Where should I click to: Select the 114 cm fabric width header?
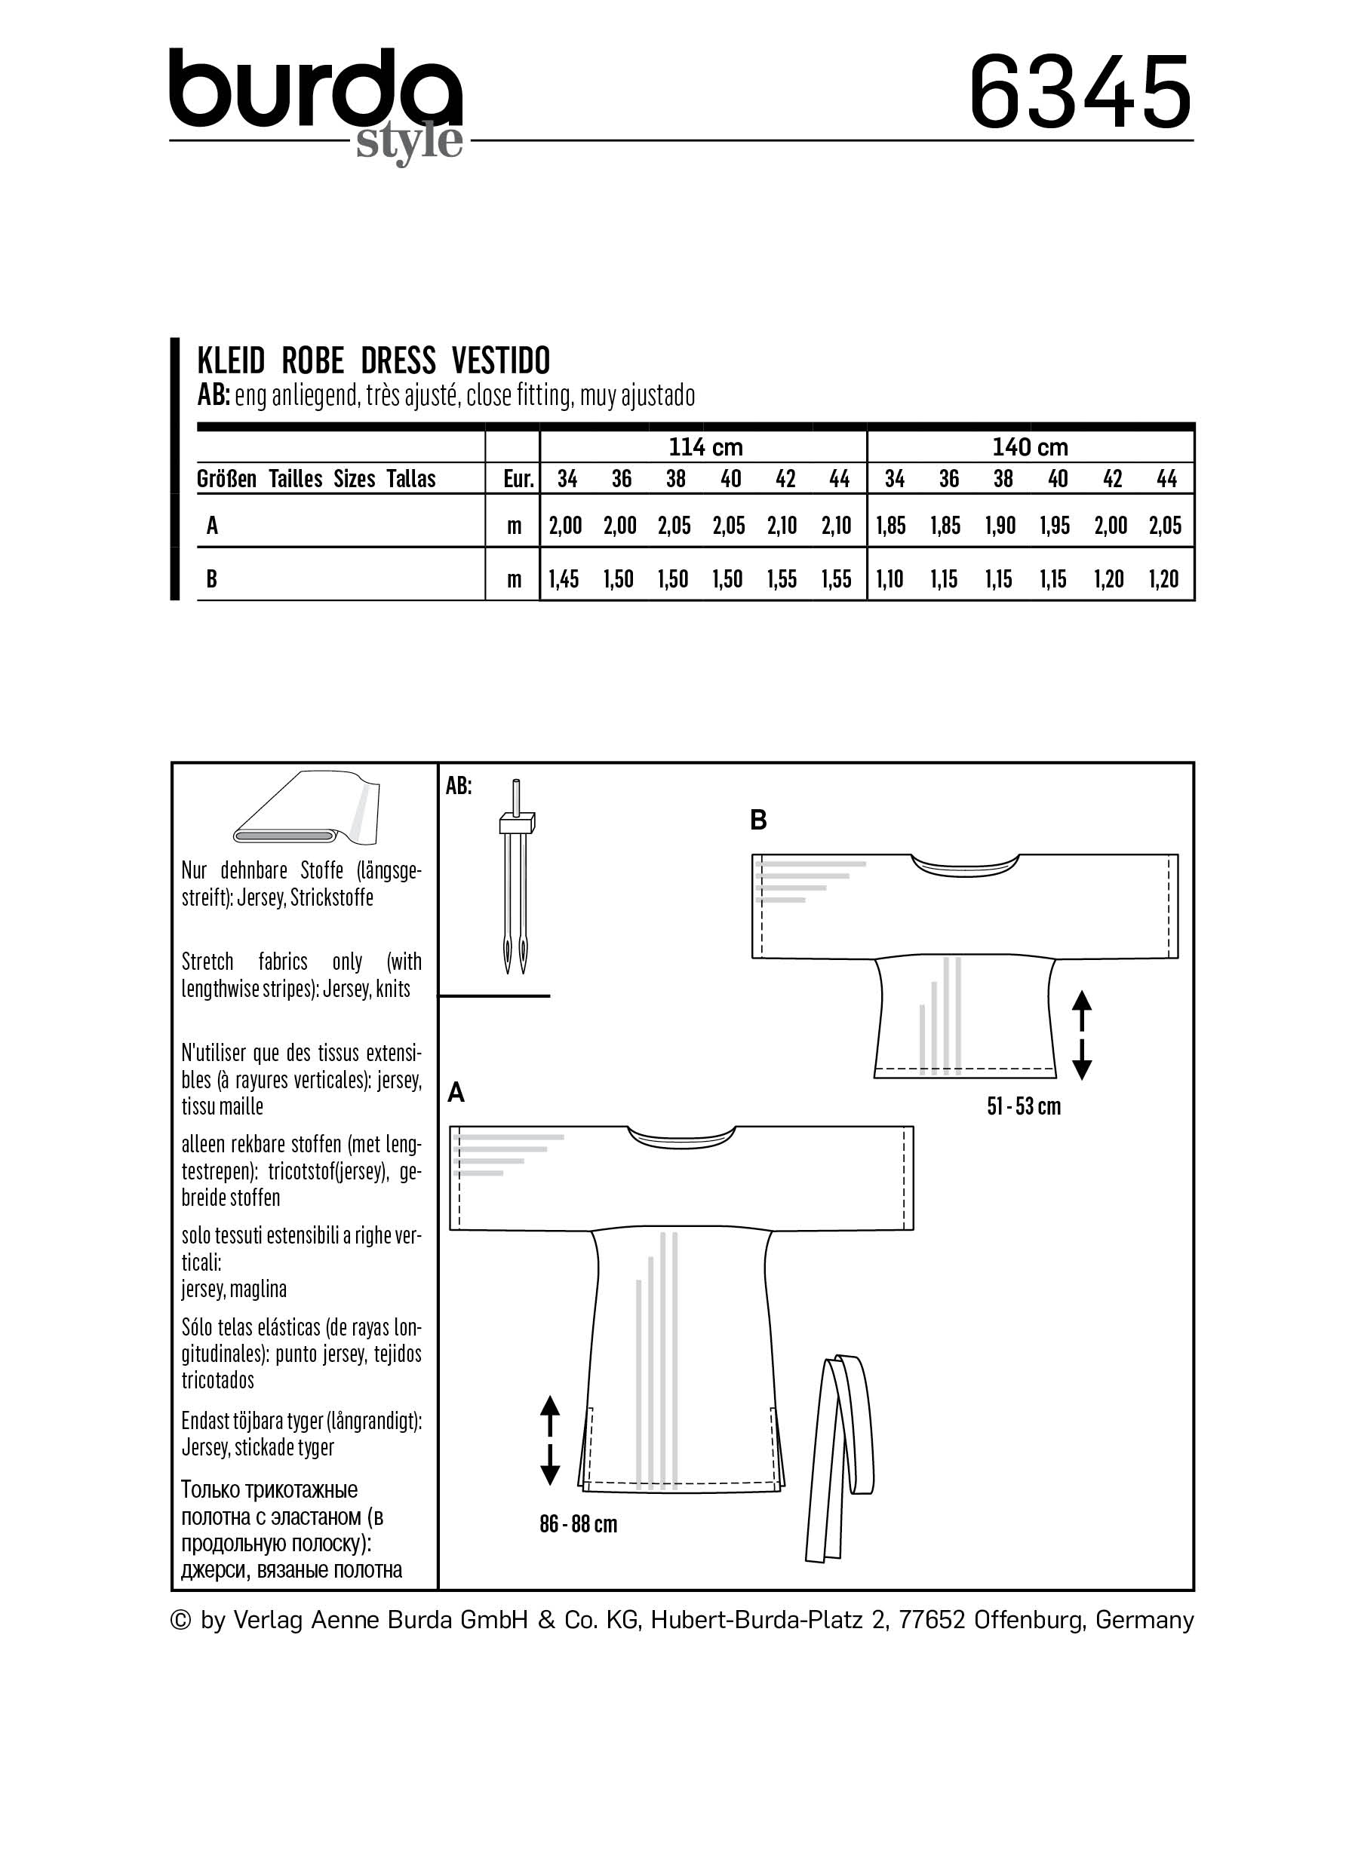(x=705, y=447)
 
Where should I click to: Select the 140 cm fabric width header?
(x=1029, y=447)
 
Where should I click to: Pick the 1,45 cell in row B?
(x=565, y=579)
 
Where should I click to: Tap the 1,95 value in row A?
(x=1055, y=526)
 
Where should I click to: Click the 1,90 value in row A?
(x=1000, y=526)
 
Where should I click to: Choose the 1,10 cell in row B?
(x=890, y=579)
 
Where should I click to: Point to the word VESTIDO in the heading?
(x=501, y=361)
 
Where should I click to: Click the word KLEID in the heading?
(x=231, y=361)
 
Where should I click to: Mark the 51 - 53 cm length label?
(x=1023, y=1106)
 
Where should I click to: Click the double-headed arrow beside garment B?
(x=1082, y=1035)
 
